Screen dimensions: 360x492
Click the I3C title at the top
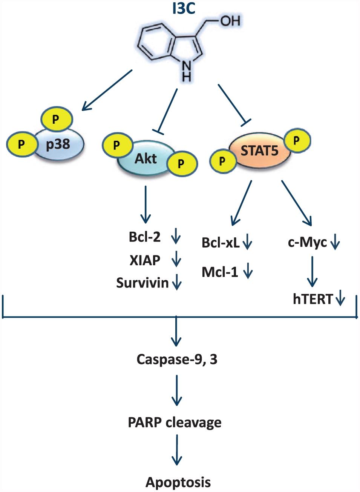(184, 9)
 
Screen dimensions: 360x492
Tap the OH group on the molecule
(230, 21)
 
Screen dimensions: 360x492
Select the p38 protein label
(58, 144)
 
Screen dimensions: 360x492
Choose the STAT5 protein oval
(260, 151)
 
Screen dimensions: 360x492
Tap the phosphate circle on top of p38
(57, 119)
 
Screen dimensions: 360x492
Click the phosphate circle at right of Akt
(182, 163)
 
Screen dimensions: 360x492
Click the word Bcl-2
(145, 237)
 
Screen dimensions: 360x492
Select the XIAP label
(145, 260)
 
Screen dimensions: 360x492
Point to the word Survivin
(142, 283)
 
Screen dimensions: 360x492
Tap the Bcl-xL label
(221, 243)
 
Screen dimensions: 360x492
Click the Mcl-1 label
(220, 272)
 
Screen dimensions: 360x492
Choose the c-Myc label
(307, 243)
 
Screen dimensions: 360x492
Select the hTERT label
(313, 299)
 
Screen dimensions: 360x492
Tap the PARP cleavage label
(175, 423)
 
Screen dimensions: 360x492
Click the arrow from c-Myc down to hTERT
(312, 272)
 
